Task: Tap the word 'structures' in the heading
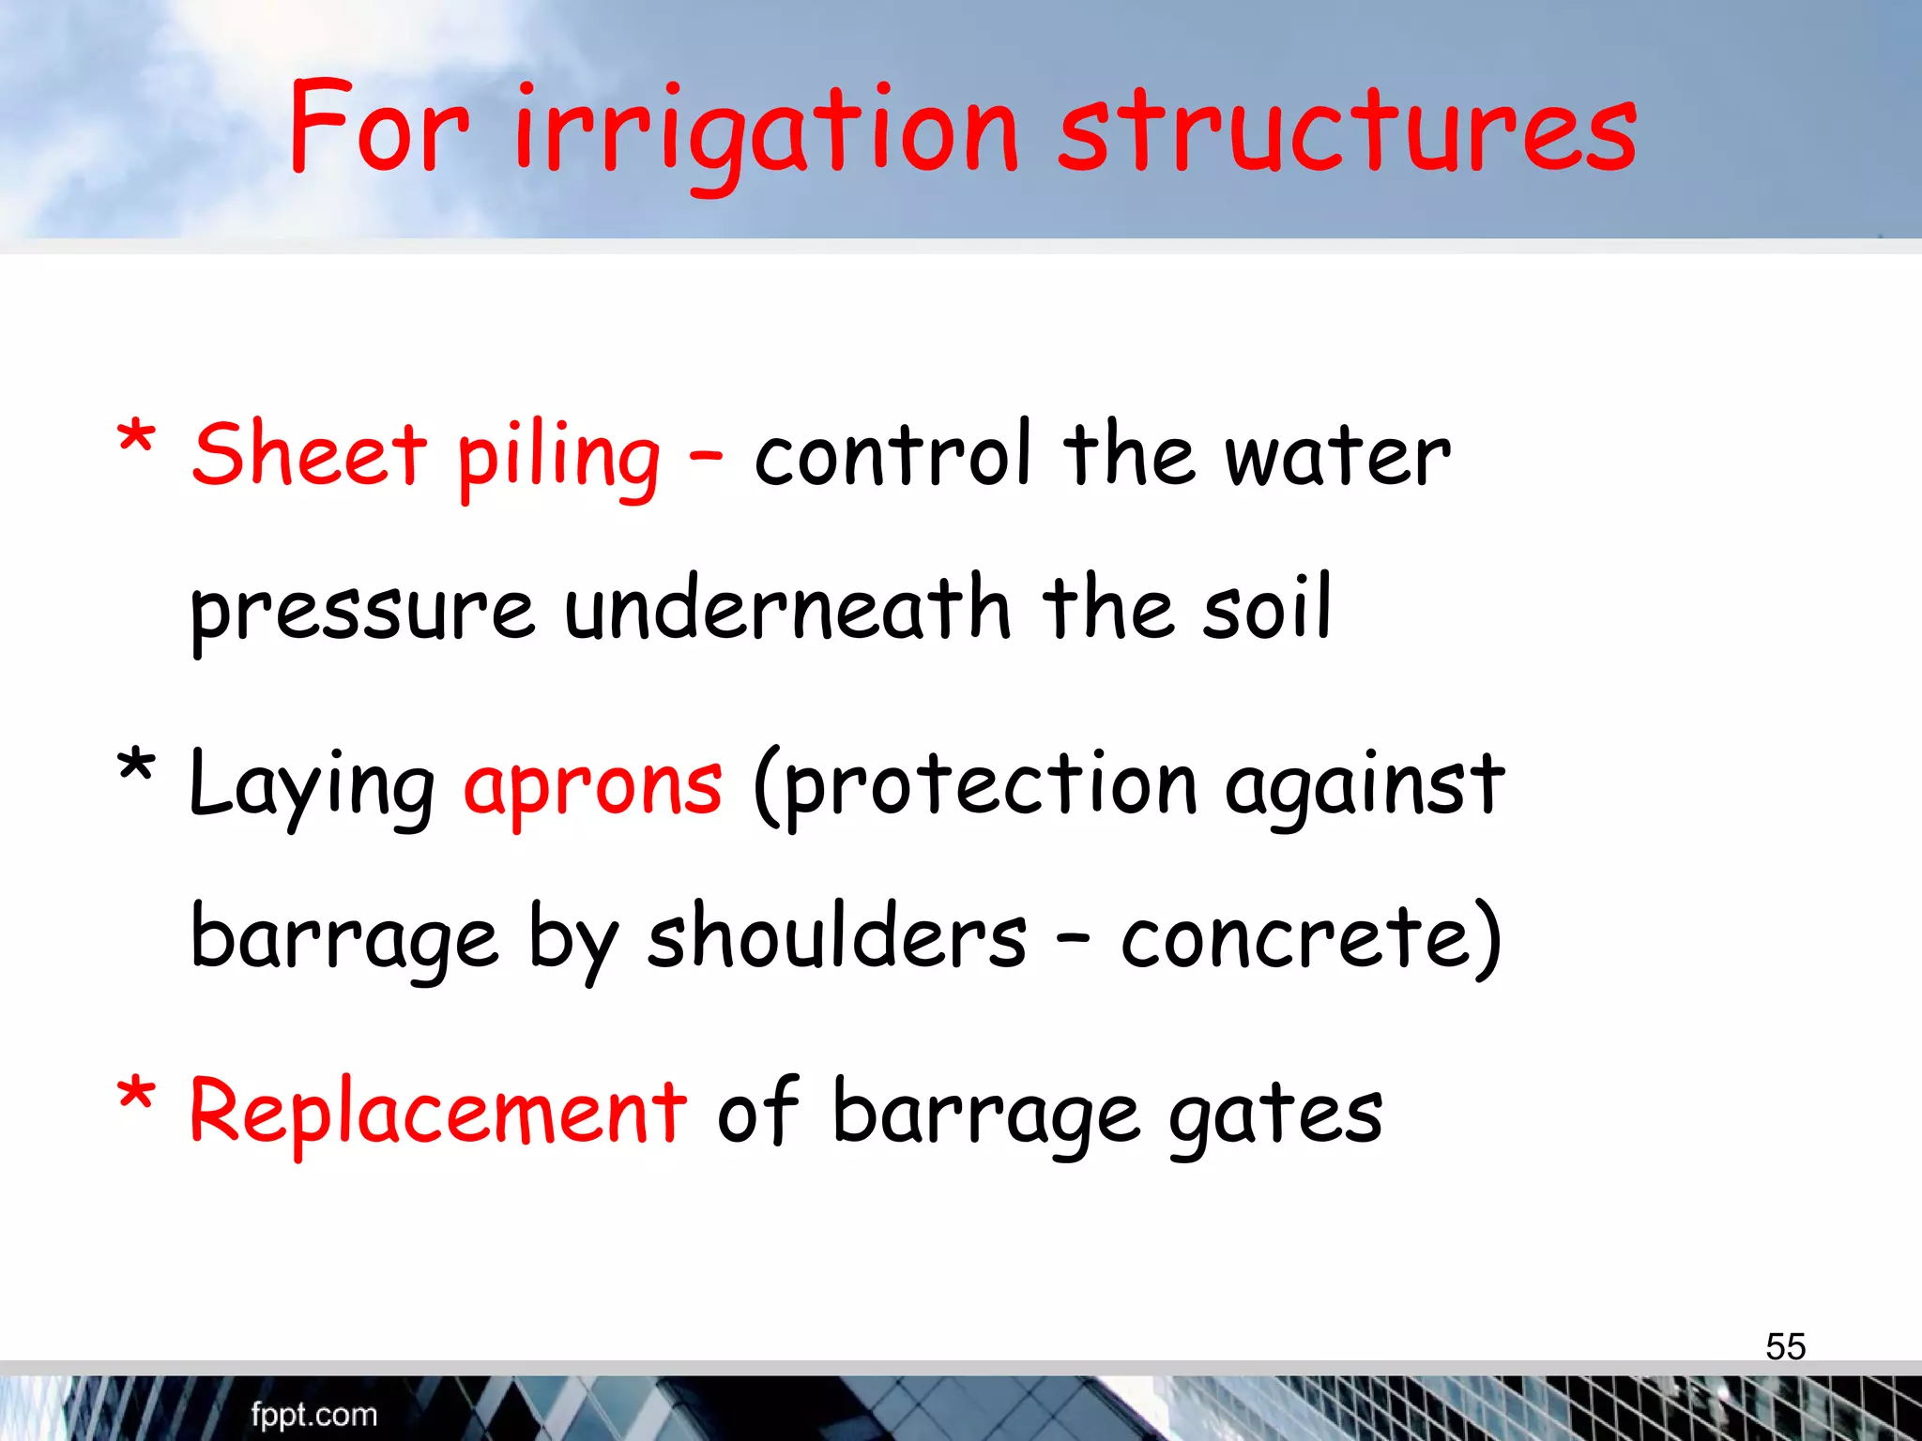pyautogui.click(x=1348, y=131)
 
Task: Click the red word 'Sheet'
pyautogui.click(x=310, y=455)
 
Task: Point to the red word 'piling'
pyautogui.click(x=558, y=460)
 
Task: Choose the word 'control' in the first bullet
pyautogui.click(x=892, y=455)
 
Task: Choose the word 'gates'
pyautogui.click(x=1275, y=1116)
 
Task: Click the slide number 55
pyautogui.click(x=1785, y=1347)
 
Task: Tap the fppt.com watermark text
pyautogui.click(x=313, y=1415)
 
